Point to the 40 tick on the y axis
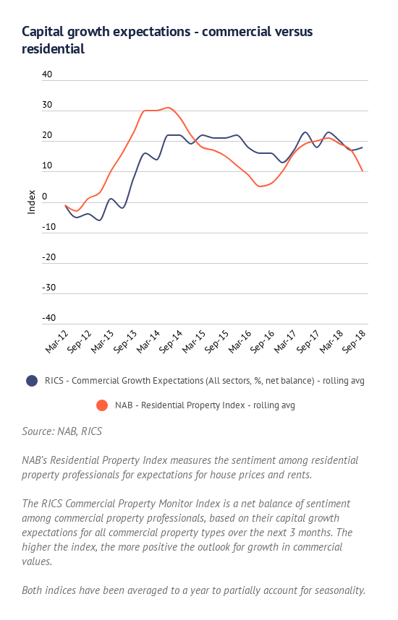[x=47, y=74]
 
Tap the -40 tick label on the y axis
[x=48, y=317]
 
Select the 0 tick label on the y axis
[x=44, y=196]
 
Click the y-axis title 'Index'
[x=31, y=202]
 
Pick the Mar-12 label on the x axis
[x=56, y=342]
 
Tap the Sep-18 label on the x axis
[x=354, y=342]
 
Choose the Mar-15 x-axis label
[x=194, y=342]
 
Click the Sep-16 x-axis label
[x=262, y=342]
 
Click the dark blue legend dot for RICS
[x=32, y=381]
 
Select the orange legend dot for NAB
[x=102, y=405]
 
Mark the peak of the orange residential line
[x=169, y=108]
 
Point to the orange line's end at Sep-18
[x=363, y=171]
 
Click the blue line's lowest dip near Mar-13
[x=99, y=220]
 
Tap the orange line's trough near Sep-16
[x=261, y=186]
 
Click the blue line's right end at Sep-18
[x=363, y=147]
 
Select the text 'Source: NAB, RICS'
[x=62, y=431]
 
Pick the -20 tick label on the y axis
[x=48, y=257]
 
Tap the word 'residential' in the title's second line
[x=53, y=49]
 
